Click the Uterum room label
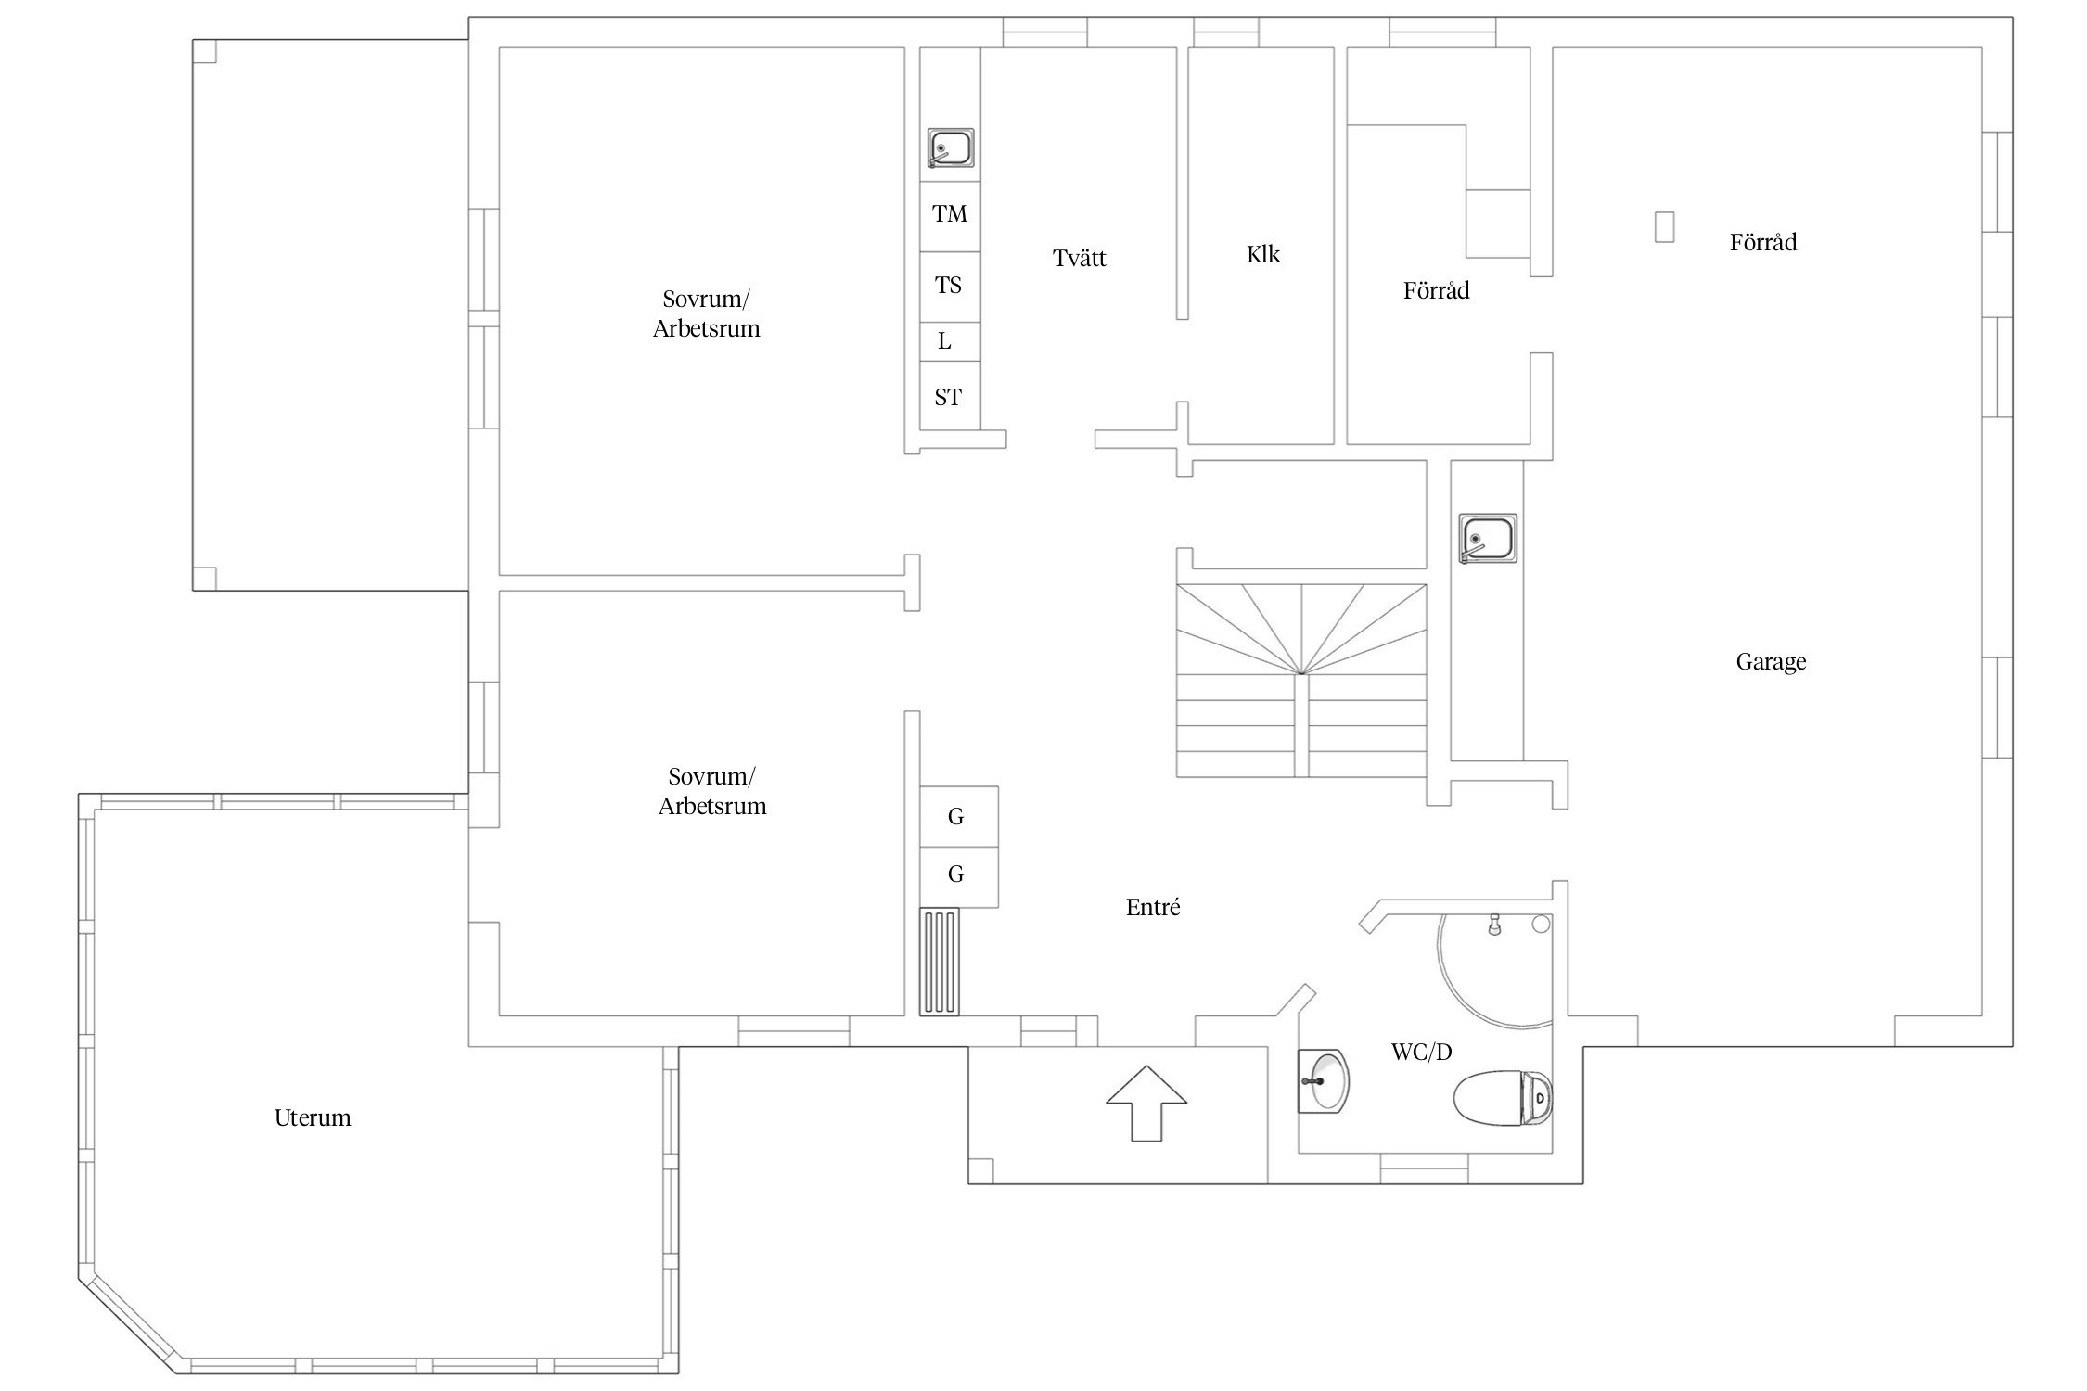coord(313,1117)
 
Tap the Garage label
coord(1771,662)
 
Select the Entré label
coord(1153,907)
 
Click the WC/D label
coord(1421,1052)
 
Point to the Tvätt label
coord(1080,258)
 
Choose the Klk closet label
coord(1263,254)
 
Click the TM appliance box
coord(950,216)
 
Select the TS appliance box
coord(950,287)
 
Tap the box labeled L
coord(950,341)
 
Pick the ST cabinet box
coord(950,396)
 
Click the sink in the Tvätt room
coord(951,148)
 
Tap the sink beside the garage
coord(1488,538)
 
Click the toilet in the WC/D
coord(1503,1098)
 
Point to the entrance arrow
coord(1146,1103)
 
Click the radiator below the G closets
coord(940,963)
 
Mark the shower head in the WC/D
coord(1494,925)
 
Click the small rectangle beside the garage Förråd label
coord(1665,227)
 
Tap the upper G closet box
coord(959,816)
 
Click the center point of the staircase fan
coord(1302,674)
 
